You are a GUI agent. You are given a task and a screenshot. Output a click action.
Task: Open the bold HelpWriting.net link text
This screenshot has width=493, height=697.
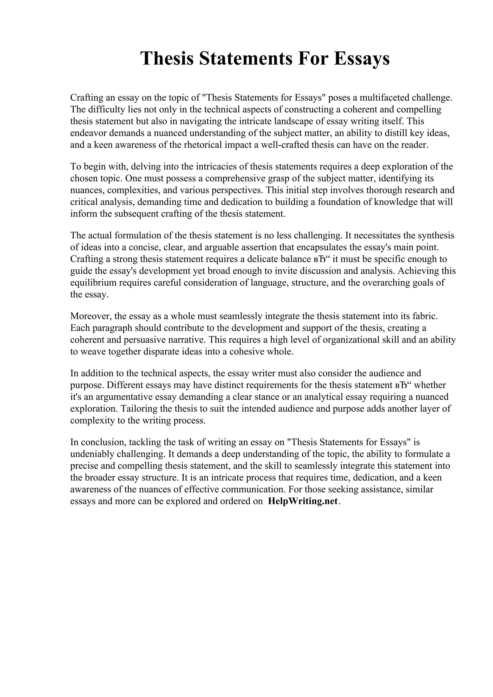click(x=303, y=501)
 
